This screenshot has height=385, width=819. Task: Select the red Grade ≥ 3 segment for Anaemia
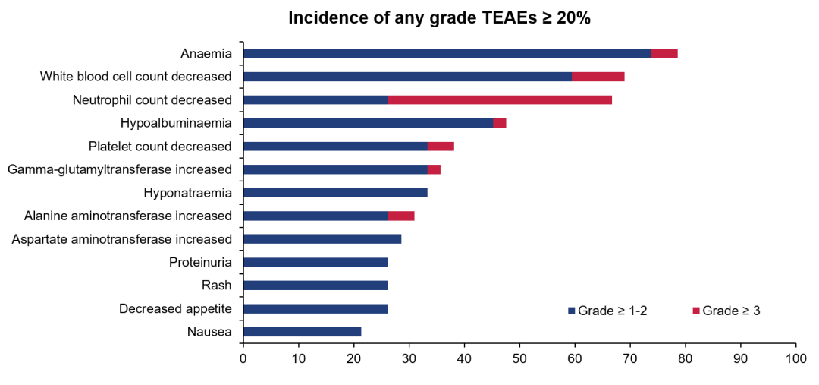tap(664, 53)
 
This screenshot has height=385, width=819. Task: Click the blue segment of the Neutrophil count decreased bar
tap(316, 99)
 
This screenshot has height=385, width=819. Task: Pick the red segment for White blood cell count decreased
tap(598, 77)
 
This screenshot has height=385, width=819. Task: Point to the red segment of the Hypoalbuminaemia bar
tap(500, 123)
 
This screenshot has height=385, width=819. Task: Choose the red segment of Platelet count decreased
tap(441, 146)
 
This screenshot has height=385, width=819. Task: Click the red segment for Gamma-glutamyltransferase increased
tap(434, 169)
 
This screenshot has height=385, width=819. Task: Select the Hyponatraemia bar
tap(336, 192)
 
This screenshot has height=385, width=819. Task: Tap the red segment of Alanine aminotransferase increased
tap(401, 216)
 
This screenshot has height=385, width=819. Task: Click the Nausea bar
tap(303, 332)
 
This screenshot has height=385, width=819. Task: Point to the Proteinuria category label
tap(200, 261)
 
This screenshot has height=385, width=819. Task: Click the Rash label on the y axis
tap(216, 285)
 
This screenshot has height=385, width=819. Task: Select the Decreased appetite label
tap(175, 308)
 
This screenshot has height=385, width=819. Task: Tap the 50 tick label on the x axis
tap(519, 359)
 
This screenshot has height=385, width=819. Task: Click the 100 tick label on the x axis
tap(795, 359)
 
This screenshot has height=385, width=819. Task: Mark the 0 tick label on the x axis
tap(243, 359)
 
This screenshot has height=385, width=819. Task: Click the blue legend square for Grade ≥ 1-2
tap(572, 311)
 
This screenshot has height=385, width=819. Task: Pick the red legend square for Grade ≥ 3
tap(695, 311)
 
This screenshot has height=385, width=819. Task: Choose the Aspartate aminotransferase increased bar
tap(323, 238)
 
